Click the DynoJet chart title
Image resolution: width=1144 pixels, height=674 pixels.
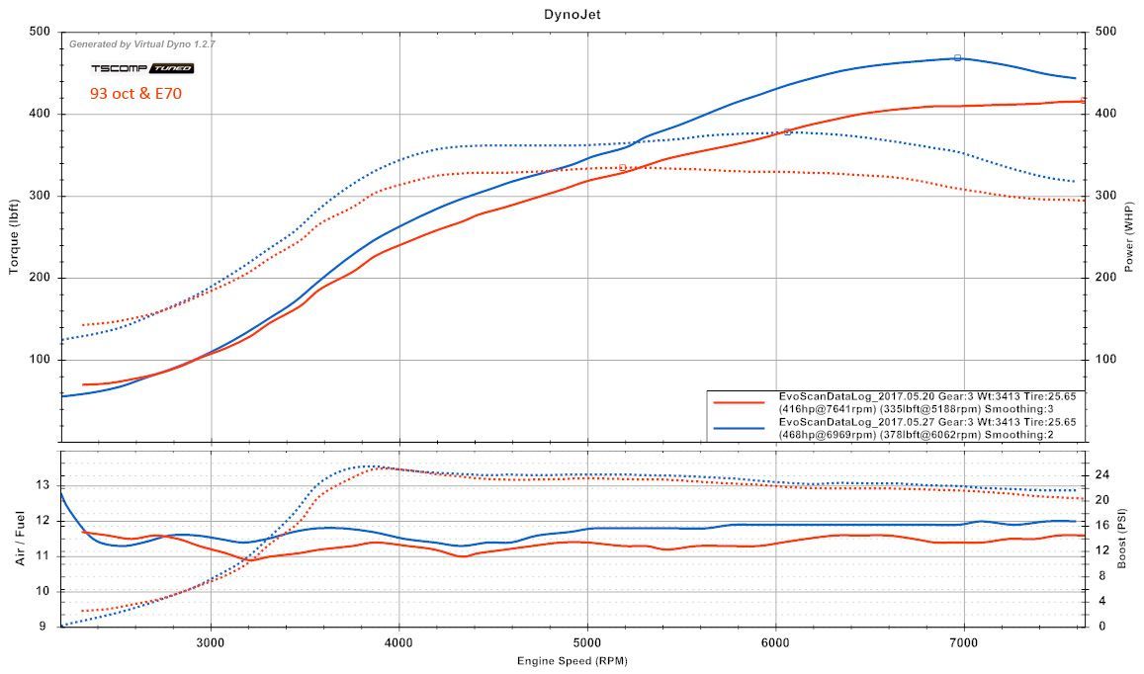tap(572, 13)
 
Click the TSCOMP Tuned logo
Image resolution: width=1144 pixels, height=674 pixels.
tap(141, 68)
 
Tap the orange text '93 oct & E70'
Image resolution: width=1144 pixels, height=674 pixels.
tap(135, 94)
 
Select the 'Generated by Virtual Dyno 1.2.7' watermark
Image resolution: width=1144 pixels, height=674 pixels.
tap(141, 44)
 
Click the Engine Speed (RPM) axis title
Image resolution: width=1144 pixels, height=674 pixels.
tap(572, 660)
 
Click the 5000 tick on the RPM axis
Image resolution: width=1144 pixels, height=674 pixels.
tap(587, 640)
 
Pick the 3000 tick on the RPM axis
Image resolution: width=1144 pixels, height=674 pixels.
tap(211, 640)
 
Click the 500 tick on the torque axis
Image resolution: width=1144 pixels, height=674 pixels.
tap(40, 32)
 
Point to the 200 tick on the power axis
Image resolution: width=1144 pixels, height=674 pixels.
tap(1104, 278)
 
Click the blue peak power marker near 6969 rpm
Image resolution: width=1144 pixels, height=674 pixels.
tap(957, 58)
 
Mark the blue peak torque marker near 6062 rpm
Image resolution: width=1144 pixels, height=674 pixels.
tap(787, 131)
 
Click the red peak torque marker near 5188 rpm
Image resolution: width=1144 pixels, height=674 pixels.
tap(622, 167)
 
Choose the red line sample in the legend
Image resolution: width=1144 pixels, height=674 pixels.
tap(740, 402)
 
